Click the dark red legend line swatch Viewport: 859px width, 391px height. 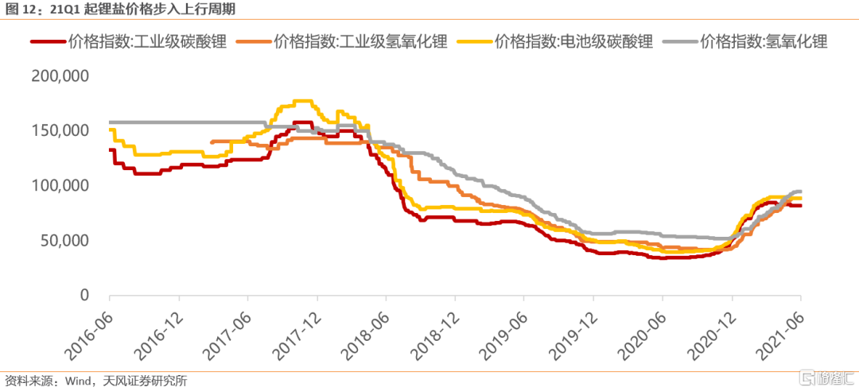[x=46, y=41]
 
